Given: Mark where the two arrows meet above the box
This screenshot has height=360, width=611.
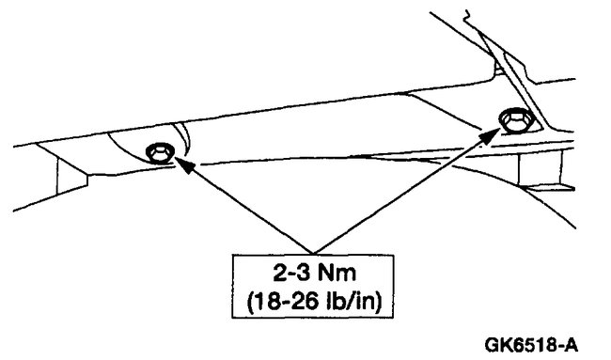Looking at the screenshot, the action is tap(324, 236).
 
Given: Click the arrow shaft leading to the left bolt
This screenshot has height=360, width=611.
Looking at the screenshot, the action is tap(254, 200).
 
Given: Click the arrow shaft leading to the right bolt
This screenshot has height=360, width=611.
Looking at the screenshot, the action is tap(404, 188).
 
